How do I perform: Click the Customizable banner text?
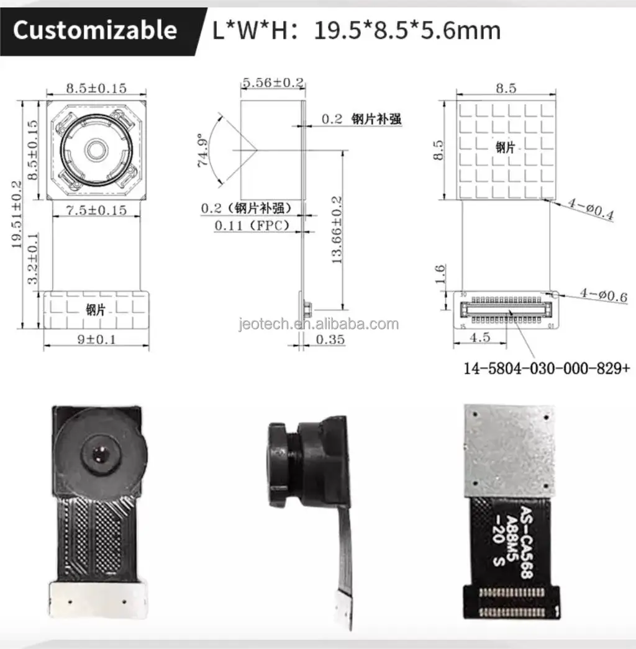(x=95, y=30)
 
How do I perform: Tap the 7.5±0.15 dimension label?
(x=96, y=210)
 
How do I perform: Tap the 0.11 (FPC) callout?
(x=252, y=226)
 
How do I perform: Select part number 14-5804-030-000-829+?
(x=547, y=368)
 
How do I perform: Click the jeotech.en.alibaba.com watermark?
(x=319, y=324)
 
